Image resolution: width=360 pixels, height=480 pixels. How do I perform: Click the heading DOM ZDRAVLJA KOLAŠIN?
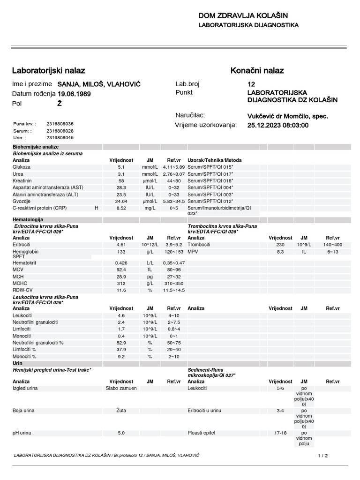tap(243, 16)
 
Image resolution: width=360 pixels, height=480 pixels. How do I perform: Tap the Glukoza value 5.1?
tap(121, 167)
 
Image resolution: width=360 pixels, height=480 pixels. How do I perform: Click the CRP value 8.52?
tap(121, 208)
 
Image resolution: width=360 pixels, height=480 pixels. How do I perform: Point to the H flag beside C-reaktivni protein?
tap(97, 208)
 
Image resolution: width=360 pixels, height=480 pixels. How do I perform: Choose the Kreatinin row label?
tap(22, 180)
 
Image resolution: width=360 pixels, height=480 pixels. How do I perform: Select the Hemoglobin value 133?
tap(121, 251)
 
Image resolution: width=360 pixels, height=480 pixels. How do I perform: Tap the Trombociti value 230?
tap(280, 245)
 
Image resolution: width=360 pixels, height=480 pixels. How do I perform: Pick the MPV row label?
tap(193, 251)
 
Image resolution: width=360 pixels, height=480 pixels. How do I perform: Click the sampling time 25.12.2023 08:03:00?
tap(277, 125)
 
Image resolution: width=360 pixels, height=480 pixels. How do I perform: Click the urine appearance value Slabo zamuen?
tap(121, 388)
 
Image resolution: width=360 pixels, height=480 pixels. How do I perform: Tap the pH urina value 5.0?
tap(121, 433)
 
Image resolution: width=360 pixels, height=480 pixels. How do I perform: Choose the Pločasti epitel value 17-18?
tap(280, 433)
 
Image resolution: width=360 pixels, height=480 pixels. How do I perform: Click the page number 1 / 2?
tap(323, 455)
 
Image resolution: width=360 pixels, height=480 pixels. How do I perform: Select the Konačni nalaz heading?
tap(257, 71)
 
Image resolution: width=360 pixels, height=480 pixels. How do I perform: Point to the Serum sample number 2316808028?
tap(60, 131)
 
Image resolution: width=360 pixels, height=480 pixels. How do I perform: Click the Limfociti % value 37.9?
tap(121, 349)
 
